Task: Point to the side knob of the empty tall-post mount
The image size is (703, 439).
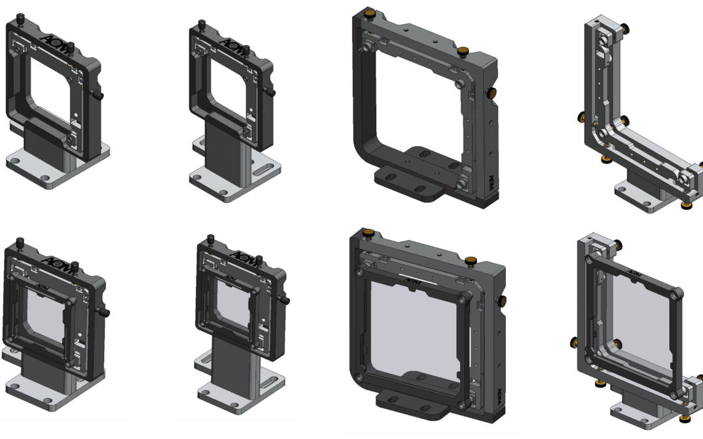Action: point(271,93)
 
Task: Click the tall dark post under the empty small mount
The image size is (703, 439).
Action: point(222,150)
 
